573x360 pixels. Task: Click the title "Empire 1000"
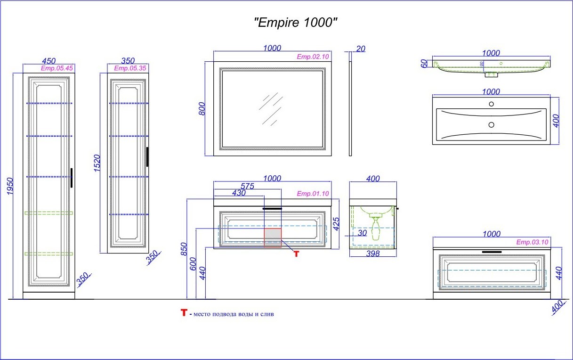[296, 22]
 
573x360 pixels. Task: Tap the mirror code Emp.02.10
[313, 57]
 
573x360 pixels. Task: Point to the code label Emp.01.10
[313, 194]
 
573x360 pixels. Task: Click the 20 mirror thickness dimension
[361, 49]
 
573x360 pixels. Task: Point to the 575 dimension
[247, 186]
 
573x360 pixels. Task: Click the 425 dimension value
[336, 223]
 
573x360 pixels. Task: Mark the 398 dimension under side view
[372, 254]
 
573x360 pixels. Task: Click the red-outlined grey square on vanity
[273, 238]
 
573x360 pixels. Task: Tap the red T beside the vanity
[296, 254]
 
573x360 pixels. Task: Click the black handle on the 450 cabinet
[71, 178]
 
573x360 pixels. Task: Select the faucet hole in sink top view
[491, 104]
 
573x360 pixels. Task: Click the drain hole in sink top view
[491, 125]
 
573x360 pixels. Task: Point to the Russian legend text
[232, 314]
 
